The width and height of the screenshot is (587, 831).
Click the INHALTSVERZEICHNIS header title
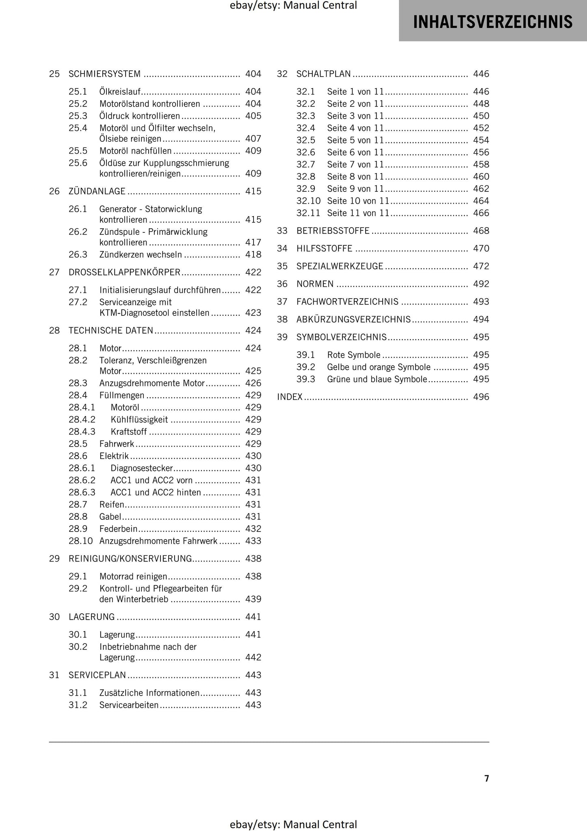tap(492, 22)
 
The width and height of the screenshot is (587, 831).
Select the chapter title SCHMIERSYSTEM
tap(104, 74)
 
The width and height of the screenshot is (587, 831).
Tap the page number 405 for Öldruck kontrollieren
tap(253, 116)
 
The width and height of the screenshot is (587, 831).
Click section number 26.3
tap(78, 255)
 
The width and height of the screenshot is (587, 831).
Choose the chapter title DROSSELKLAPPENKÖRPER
tap(124, 272)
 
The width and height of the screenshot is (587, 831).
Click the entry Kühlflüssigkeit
tap(139, 419)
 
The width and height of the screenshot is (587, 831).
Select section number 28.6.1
tap(82, 468)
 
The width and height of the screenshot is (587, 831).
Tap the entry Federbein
tap(118, 529)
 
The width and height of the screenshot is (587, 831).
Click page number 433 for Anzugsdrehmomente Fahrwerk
tap(253, 541)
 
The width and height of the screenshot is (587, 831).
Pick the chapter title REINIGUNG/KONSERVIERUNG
tap(130, 559)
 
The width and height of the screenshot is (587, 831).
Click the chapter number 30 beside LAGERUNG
tap(54, 617)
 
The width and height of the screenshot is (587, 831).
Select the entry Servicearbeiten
tap(129, 705)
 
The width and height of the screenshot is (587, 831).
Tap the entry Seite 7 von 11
tap(355, 165)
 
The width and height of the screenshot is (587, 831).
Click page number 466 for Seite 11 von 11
tap(481, 213)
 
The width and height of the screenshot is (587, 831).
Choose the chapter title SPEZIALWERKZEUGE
tap(340, 266)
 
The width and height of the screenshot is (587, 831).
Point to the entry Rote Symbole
tap(353, 355)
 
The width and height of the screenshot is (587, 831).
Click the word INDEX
tap(290, 397)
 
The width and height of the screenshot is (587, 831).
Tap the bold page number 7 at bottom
tap(487, 778)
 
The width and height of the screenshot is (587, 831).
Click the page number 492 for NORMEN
tap(481, 284)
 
